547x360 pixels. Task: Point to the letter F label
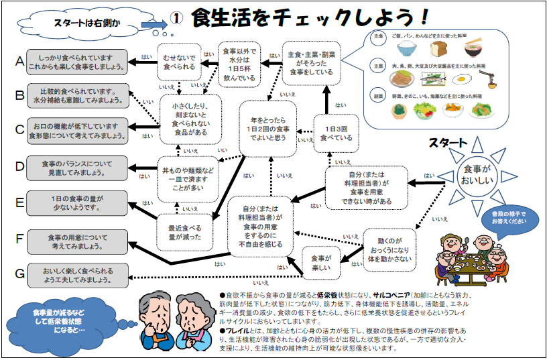[19, 239]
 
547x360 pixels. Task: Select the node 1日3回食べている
[336, 133]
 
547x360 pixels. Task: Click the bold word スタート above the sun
[448, 142]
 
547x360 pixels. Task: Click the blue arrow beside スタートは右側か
[154, 24]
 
